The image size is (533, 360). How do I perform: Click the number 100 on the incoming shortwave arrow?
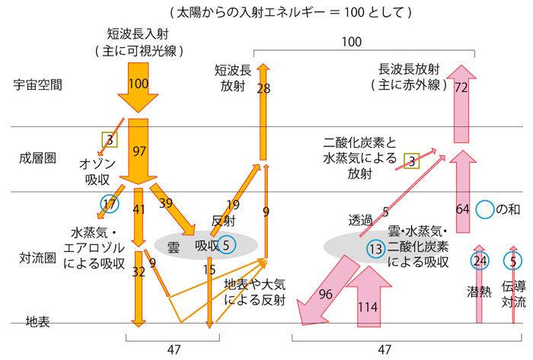[x=138, y=84]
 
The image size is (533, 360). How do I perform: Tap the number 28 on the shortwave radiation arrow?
[x=264, y=89]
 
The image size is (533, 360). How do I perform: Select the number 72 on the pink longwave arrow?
[x=461, y=88]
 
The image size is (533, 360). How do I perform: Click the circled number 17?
[x=110, y=204]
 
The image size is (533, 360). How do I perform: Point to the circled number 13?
[x=375, y=248]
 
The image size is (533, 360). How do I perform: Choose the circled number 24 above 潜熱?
[x=478, y=261]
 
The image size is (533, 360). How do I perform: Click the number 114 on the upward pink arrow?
[x=369, y=307]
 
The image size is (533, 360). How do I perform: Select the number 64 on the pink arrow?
[x=462, y=209]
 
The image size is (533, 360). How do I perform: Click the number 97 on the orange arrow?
[x=139, y=151]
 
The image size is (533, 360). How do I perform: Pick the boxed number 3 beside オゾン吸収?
[x=110, y=140]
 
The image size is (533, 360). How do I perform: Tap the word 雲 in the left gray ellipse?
[x=173, y=245]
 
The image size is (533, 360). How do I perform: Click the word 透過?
[x=361, y=220]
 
